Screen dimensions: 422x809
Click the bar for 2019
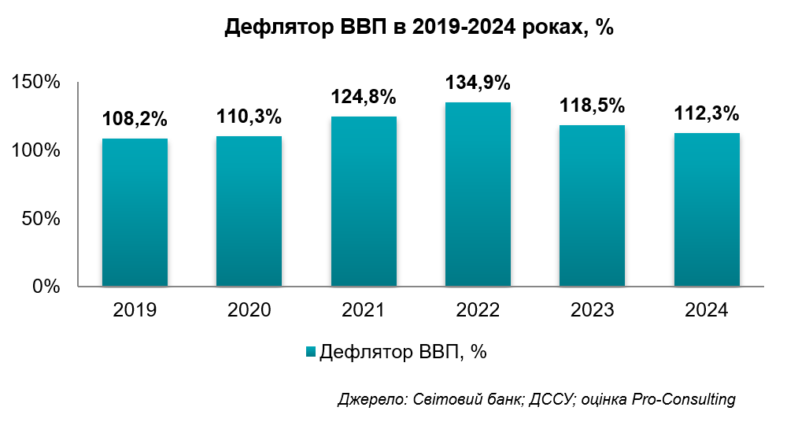click(x=135, y=213)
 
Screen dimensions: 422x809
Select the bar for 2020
click(x=249, y=211)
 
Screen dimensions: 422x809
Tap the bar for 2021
click(x=364, y=202)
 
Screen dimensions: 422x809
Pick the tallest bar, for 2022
click(x=478, y=194)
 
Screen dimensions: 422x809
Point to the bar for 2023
click(x=592, y=205)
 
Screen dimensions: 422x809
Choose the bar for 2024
click(x=707, y=209)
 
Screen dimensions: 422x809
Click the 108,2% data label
click(x=135, y=120)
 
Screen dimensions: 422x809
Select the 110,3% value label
click(x=249, y=117)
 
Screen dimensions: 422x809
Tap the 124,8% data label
click(x=364, y=98)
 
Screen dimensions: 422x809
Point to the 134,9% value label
click(x=478, y=83)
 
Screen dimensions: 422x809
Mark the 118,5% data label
click(x=592, y=106)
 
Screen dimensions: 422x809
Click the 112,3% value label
click(x=707, y=114)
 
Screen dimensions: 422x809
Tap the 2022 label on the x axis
click(x=478, y=310)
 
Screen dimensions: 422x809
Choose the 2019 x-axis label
click(x=135, y=310)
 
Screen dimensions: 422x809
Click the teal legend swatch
click(x=309, y=352)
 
